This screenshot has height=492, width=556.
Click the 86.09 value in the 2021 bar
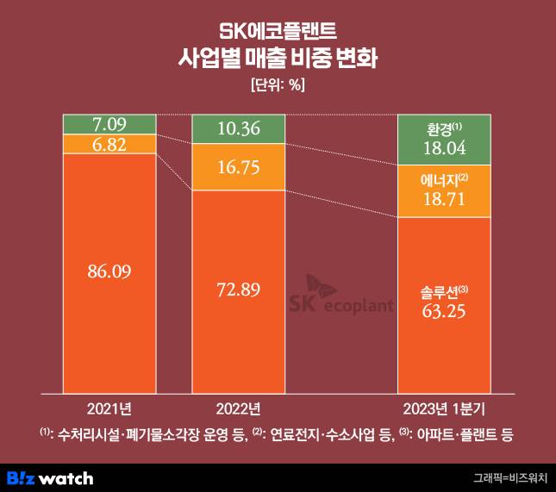coord(109,271)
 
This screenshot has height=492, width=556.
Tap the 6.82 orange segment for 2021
coord(109,145)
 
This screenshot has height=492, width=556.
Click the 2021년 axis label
coord(109,406)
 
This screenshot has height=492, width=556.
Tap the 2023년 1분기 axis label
coord(444,406)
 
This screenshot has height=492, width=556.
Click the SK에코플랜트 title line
coord(278,33)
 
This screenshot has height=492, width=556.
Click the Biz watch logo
coord(50,476)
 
